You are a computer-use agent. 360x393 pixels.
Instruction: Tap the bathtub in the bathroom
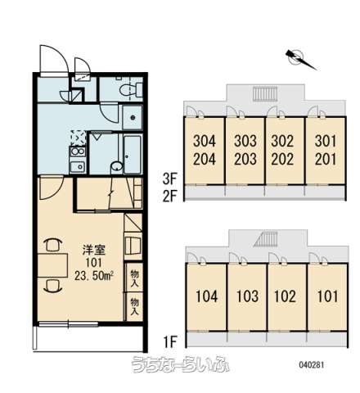pos(133,154)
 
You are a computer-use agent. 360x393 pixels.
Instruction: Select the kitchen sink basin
pos(78,166)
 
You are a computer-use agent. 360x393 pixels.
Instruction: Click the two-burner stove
pos(78,151)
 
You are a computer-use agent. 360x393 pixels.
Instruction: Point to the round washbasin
pos(117,166)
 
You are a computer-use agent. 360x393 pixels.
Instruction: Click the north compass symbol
pos(300,60)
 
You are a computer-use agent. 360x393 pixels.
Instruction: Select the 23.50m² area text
pos(94,276)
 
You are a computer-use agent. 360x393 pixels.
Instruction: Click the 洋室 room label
pos(94,250)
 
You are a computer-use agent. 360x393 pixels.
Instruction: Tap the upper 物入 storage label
pos(134,278)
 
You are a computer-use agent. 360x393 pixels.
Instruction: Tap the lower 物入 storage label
pos(134,306)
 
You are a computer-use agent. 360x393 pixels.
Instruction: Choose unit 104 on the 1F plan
pos(207,296)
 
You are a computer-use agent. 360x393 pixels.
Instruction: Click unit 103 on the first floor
pos(247,296)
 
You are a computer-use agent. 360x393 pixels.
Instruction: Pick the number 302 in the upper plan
pos(282,141)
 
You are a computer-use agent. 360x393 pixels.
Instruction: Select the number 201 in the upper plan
pos(326,159)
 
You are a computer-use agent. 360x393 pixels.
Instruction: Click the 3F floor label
pos(169,179)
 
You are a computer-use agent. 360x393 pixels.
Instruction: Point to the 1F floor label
pos(170,341)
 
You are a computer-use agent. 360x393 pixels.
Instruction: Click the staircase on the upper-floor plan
pos(266,94)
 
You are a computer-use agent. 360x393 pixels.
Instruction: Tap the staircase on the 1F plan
pos(267,239)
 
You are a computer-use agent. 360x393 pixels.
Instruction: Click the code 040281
pos(311,364)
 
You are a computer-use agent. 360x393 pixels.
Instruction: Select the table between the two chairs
pos(52,265)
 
